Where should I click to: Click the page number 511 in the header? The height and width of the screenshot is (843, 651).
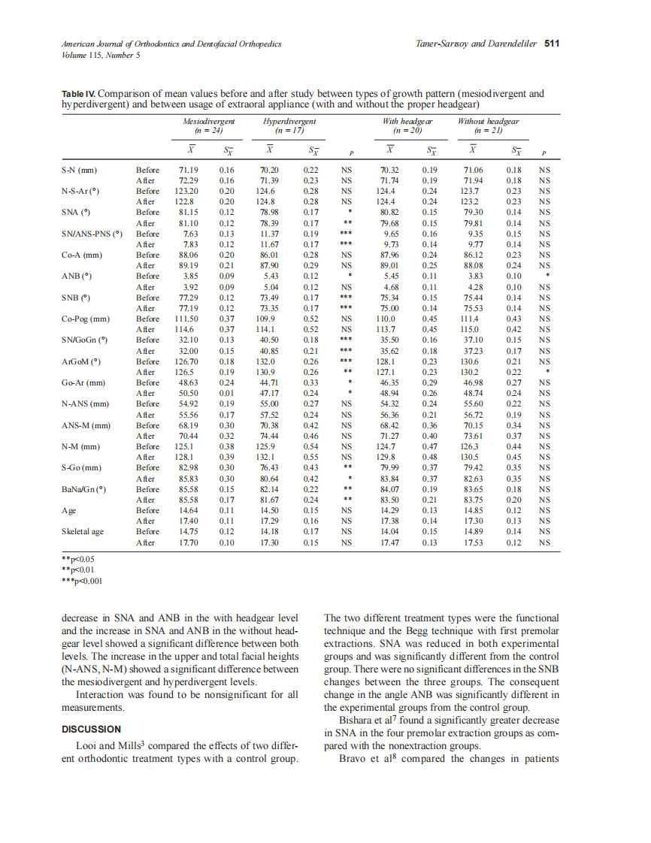(553, 44)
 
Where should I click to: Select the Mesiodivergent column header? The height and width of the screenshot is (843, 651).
(209, 121)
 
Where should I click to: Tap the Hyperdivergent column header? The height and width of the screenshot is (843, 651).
(289, 121)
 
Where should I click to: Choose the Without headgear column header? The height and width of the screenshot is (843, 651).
(488, 121)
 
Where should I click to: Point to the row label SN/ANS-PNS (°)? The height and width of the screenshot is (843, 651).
(92, 234)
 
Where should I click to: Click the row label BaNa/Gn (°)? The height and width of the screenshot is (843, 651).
(83, 489)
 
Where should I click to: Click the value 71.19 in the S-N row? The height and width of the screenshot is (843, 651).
(188, 170)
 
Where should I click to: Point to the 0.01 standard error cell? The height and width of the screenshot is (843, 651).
(226, 393)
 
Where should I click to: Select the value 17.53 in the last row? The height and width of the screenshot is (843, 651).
(472, 542)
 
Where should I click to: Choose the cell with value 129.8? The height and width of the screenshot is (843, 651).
(388, 457)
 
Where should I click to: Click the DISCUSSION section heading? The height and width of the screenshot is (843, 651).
(91, 729)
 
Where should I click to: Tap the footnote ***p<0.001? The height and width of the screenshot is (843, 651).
(78, 581)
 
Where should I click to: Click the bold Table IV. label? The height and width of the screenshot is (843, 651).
(78, 94)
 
